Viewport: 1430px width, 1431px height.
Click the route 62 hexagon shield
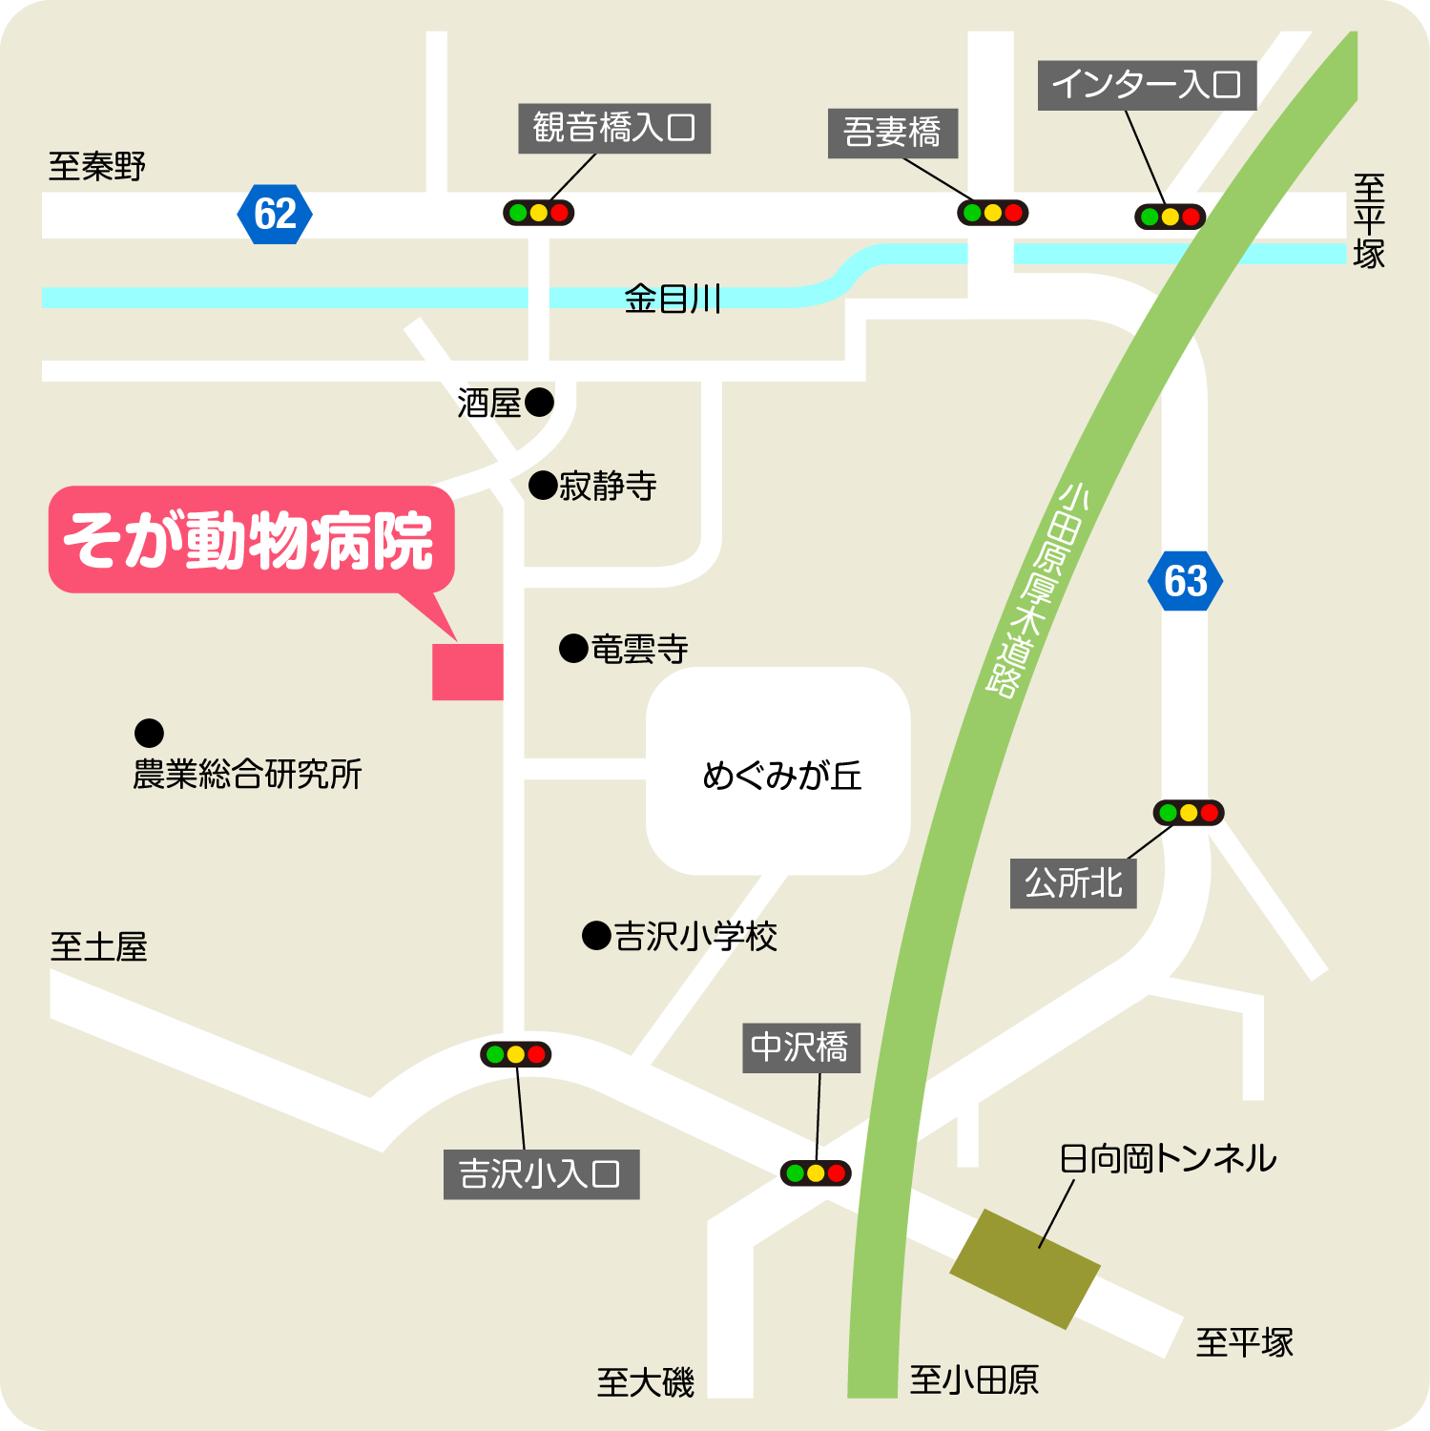(x=275, y=214)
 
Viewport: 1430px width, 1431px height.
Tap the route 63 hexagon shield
(x=1185, y=581)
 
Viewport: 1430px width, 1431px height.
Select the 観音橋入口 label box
(x=614, y=128)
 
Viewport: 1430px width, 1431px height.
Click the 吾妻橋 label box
(x=892, y=132)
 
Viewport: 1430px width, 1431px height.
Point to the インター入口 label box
(x=1146, y=85)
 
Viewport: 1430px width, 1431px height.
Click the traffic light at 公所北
(x=1188, y=813)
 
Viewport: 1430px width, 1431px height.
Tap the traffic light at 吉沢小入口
(x=515, y=1054)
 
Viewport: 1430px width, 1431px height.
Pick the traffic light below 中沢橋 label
(x=815, y=1172)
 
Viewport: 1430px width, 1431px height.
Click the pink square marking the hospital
(x=467, y=672)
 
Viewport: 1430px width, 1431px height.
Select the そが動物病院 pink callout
(x=251, y=540)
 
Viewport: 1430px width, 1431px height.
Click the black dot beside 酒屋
(x=539, y=403)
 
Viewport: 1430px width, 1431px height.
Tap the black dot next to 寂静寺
(x=543, y=486)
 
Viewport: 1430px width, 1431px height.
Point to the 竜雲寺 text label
(x=639, y=650)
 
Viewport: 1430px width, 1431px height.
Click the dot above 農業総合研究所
(x=149, y=733)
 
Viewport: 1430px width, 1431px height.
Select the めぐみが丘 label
(x=781, y=776)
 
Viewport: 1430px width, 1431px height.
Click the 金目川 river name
(x=672, y=300)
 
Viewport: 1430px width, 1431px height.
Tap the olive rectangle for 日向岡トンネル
(x=1025, y=1269)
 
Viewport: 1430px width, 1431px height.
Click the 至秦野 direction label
(x=96, y=166)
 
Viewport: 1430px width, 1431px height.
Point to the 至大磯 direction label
(x=645, y=1382)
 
